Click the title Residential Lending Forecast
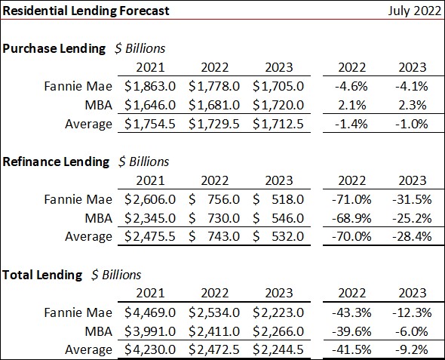tap(86, 11)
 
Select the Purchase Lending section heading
tap(54, 48)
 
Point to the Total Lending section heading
tap(42, 275)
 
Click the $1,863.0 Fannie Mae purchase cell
tap(147, 86)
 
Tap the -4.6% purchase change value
tap(348, 86)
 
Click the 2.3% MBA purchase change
tap(412, 105)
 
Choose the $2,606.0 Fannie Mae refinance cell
tap(147, 199)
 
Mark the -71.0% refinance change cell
tap(348, 199)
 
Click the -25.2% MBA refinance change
tap(412, 218)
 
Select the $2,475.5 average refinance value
tap(147, 237)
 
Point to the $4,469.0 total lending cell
tap(147, 312)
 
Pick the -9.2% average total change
tap(412, 349)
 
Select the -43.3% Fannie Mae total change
tap(348, 312)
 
